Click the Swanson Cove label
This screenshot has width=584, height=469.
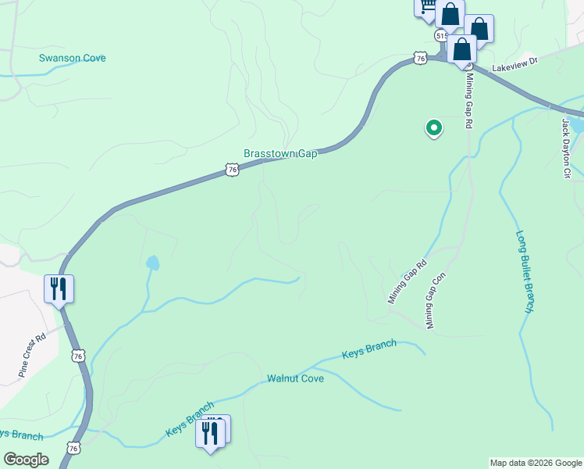click(x=72, y=59)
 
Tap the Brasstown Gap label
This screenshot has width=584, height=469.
click(x=280, y=154)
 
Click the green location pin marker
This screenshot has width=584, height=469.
click(x=433, y=127)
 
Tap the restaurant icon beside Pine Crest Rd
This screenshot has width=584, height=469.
click(x=59, y=288)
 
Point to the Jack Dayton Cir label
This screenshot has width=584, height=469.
click(x=568, y=148)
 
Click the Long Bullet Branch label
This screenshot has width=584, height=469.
click(x=525, y=272)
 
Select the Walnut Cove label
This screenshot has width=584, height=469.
click(x=295, y=378)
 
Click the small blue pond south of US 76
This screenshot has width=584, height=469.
click(x=152, y=263)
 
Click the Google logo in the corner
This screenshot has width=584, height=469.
click(x=25, y=460)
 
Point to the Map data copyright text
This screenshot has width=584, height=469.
click(x=536, y=463)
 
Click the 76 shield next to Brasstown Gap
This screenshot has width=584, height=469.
click(x=231, y=169)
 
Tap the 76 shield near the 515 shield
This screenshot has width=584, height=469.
click(x=421, y=59)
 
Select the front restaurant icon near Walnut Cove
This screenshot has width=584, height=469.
click(x=208, y=431)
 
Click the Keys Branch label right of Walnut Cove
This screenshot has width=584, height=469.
click(x=369, y=349)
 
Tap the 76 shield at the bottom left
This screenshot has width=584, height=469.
click(x=73, y=449)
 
